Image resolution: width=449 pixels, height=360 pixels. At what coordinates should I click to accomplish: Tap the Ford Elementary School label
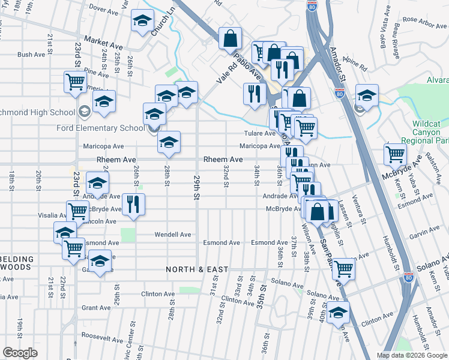coord(105,128)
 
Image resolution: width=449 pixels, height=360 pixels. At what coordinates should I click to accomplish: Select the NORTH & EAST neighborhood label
coord(197,269)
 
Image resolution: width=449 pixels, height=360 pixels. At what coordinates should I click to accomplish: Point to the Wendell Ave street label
coord(173,235)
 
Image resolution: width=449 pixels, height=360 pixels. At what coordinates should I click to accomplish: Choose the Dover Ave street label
coord(105,10)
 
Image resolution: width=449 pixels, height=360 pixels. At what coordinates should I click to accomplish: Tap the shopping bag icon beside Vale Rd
coord(230,38)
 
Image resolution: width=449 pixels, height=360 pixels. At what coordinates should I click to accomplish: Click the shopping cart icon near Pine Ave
coord(76,81)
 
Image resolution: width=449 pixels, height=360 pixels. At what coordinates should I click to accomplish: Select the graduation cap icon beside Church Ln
coord(142,22)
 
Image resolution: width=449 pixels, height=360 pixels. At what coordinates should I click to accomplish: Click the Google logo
coord(20,353)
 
